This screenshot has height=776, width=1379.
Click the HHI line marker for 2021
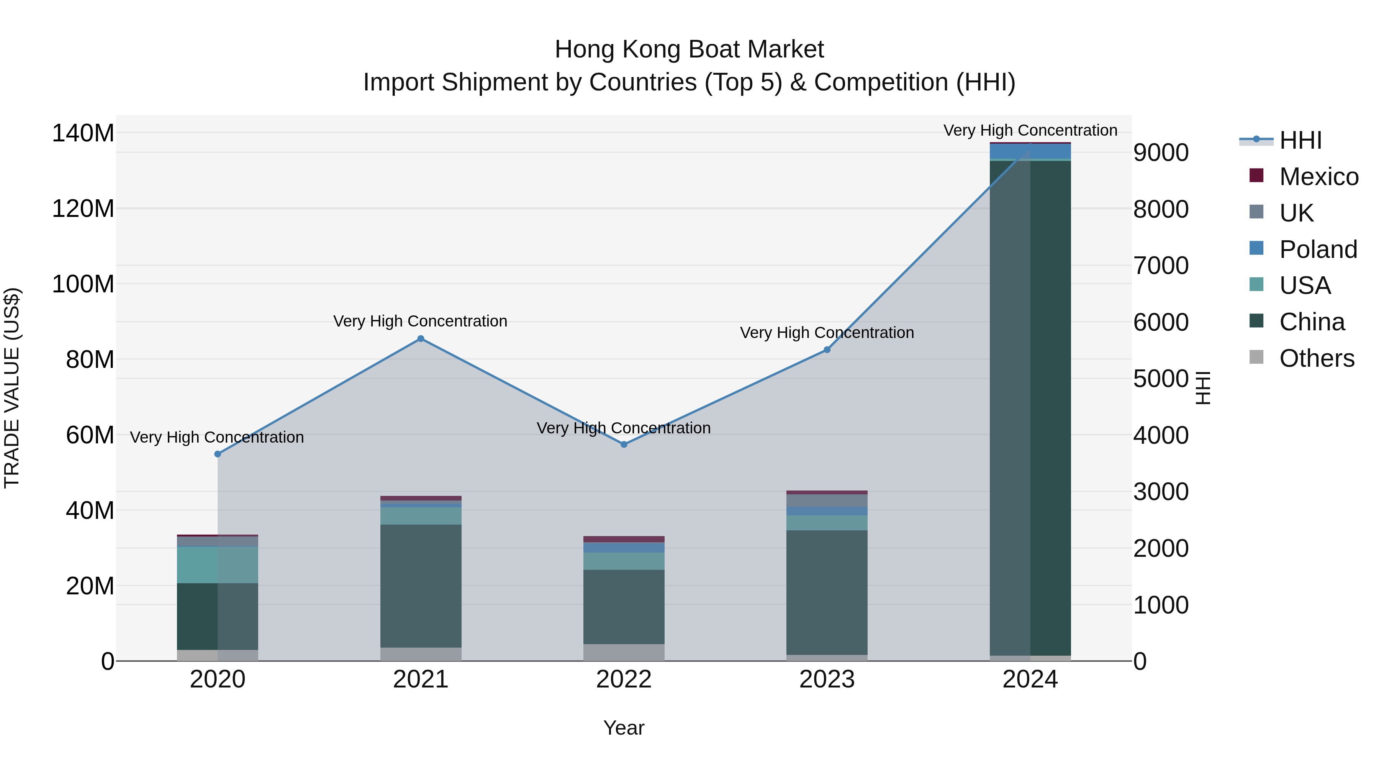[420, 338]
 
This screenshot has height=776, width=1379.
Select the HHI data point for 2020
[217, 454]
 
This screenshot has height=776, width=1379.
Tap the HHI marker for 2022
[624, 445]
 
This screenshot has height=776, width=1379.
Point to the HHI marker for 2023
[827, 350]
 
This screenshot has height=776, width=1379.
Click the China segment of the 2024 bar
[1030, 407]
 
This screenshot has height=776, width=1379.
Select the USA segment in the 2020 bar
[217, 564]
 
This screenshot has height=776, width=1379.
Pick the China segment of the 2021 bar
[420, 586]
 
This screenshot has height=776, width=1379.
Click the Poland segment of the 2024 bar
[1030, 151]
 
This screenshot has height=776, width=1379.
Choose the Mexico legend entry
[1318, 177]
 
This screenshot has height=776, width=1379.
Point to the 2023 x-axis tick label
[827, 679]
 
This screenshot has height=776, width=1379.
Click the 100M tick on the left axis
[83, 284]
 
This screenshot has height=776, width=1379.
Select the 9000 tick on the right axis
[1161, 153]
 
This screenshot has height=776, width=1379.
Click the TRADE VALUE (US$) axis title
[12, 388]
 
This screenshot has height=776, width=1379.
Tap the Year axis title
[624, 728]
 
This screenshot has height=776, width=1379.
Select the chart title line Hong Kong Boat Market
[689, 49]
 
